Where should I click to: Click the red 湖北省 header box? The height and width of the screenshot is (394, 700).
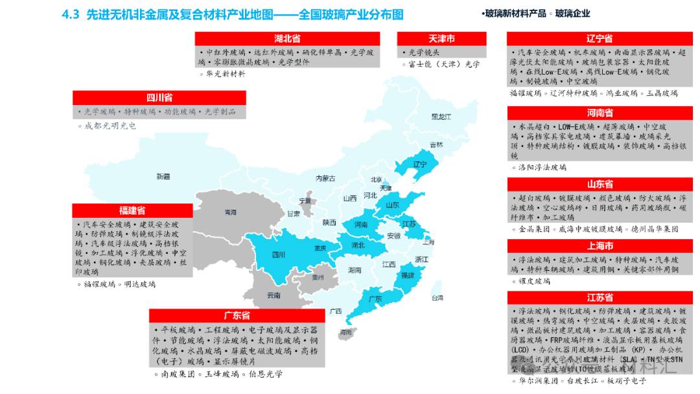(x=287, y=38)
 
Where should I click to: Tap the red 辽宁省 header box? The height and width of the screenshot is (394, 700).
(x=600, y=38)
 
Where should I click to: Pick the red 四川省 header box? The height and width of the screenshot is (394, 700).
(x=159, y=98)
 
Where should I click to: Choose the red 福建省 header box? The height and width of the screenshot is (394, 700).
(x=132, y=211)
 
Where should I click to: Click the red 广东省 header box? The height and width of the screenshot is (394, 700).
(x=237, y=316)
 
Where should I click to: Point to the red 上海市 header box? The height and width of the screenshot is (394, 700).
(x=600, y=246)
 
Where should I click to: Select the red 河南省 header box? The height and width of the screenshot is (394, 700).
(x=600, y=113)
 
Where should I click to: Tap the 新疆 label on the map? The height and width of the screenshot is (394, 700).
(x=163, y=176)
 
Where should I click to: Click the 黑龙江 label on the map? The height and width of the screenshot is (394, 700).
(x=441, y=117)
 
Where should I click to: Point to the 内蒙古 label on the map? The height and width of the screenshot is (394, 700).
(x=325, y=178)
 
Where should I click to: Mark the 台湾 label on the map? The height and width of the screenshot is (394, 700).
(x=437, y=298)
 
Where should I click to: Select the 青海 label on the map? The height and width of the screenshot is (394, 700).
(x=230, y=212)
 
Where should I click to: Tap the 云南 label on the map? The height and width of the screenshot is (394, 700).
(x=274, y=295)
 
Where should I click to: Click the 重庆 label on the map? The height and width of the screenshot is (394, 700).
(x=320, y=248)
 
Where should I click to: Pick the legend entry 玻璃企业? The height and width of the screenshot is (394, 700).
(x=572, y=13)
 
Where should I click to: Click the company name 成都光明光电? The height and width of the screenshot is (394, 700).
(x=110, y=126)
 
